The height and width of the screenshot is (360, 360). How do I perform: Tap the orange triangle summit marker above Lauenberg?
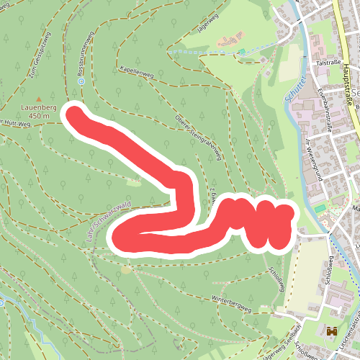pyautogui.click(x=39, y=99)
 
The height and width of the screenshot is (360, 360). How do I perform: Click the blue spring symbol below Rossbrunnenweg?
pyautogui.click(x=81, y=81)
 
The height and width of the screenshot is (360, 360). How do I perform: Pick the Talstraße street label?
pyautogui.click(x=328, y=63)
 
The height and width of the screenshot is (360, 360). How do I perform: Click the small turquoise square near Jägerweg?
pyautogui.click(x=242, y=50)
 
